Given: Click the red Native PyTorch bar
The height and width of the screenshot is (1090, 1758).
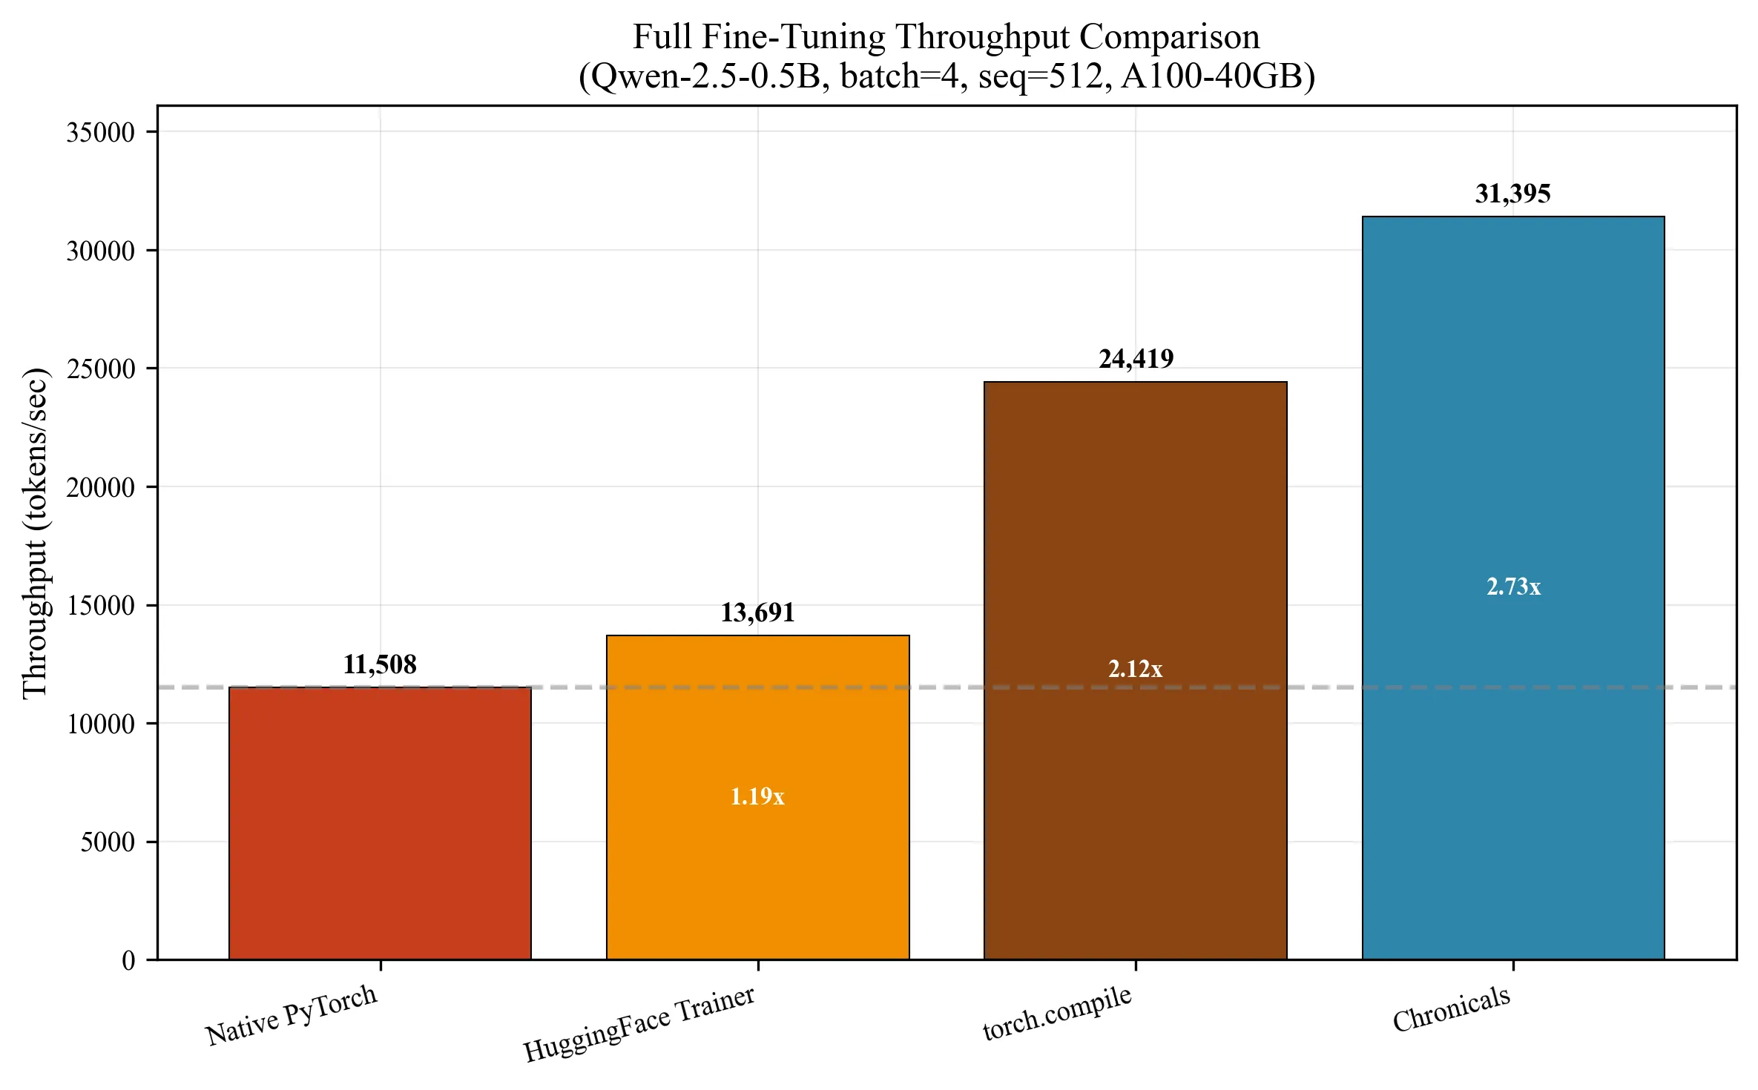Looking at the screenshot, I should click(x=380, y=823).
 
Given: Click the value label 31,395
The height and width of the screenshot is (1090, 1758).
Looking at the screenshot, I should click(x=1512, y=194).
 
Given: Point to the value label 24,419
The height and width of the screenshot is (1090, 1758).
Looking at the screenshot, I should click(x=1136, y=359).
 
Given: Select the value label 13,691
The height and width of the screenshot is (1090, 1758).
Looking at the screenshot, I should click(x=757, y=612).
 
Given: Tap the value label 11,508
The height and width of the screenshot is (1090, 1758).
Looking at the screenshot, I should click(x=380, y=664).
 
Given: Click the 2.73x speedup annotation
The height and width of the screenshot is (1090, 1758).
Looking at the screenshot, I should click(x=1513, y=587).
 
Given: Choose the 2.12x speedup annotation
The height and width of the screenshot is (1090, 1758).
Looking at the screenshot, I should click(x=1135, y=669).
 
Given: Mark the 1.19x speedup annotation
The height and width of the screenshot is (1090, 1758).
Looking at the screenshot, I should click(x=757, y=796).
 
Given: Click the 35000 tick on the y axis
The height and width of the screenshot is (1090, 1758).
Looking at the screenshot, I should click(x=100, y=133).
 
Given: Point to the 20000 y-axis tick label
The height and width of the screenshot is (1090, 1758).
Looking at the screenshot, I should click(x=100, y=487).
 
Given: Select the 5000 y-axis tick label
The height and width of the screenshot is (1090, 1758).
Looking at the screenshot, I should click(x=108, y=842).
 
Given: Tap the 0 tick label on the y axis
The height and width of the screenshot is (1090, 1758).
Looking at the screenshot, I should click(x=128, y=961).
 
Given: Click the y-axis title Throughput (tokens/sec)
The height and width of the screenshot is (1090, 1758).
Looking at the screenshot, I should click(x=35, y=532).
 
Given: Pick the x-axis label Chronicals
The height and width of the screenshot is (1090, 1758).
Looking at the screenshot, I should click(x=1451, y=1009).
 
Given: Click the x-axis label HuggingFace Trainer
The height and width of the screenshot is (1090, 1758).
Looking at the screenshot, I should click(x=639, y=1024).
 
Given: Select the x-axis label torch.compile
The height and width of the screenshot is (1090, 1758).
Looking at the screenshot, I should click(x=1057, y=1013).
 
